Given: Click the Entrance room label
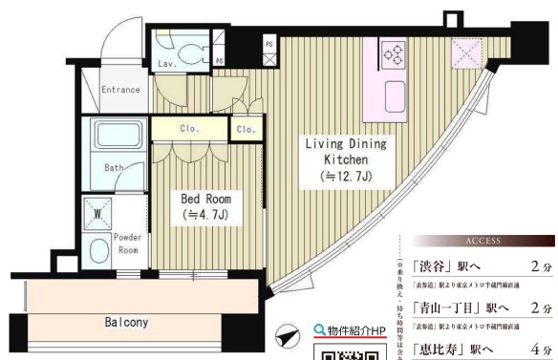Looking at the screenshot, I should (x=121, y=90).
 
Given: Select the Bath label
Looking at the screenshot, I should (x=115, y=168).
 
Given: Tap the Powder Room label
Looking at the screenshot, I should (x=127, y=243).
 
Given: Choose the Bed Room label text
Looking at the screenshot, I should (x=206, y=199).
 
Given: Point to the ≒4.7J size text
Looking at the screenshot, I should (x=206, y=216).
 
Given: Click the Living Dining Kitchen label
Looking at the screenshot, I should (x=345, y=152).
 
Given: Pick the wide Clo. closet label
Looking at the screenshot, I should (x=187, y=128).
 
